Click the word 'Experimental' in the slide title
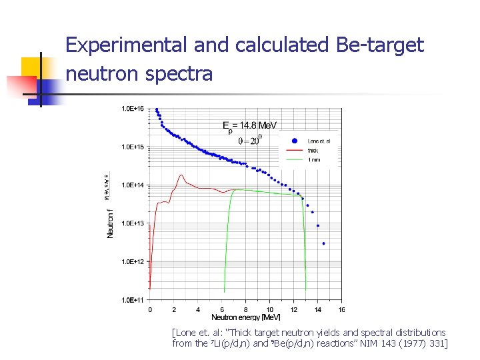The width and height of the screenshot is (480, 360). coord(127,45)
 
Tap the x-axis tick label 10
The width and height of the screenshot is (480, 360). coord(270,309)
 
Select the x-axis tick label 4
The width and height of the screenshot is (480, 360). coord(198,309)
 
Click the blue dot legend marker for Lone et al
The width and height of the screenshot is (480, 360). coord(294,141)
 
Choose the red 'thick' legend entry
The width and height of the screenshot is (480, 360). coord(313,151)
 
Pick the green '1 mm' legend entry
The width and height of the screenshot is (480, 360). coord(313,160)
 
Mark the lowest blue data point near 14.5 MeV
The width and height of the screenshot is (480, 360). coord(324,243)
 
